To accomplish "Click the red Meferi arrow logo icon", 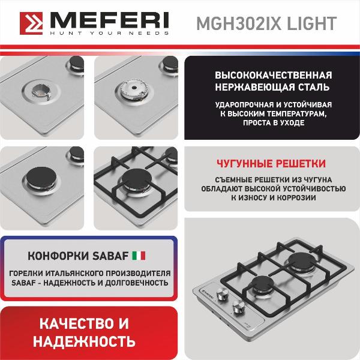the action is tap(31, 23).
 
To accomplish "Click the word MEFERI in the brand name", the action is tap(110, 20).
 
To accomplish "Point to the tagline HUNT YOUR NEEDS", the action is tap(110, 33).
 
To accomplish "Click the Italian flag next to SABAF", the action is tap(139, 256).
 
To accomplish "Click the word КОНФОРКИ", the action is tap(58, 256).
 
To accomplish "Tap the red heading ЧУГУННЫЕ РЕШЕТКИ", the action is tap(271, 163).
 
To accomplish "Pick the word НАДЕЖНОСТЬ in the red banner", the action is tap(84, 341).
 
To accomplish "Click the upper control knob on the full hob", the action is tap(223, 293).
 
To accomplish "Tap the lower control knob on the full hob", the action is tap(239, 305).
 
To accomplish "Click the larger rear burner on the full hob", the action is tap(302, 261).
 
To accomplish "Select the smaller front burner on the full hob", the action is tap(262, 284).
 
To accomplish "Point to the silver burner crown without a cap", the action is tap(134, 90).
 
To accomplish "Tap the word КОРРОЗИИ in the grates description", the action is tap(296, 197).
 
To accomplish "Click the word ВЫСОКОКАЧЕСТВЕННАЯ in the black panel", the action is tap(274, 76).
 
